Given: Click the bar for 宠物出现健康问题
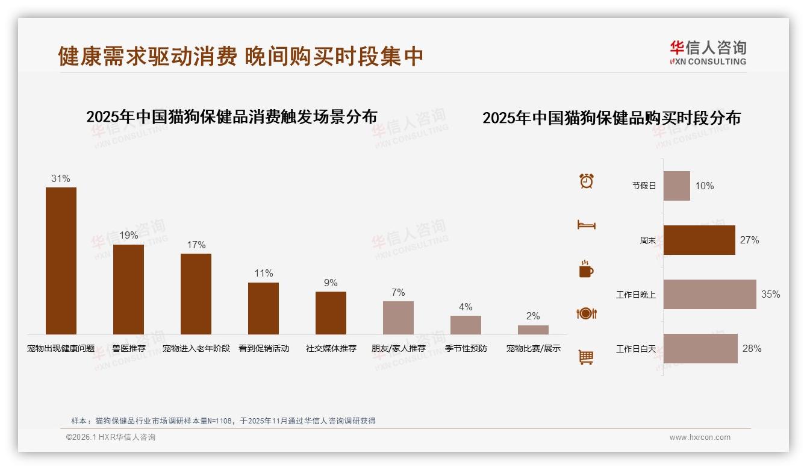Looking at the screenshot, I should point(61,261).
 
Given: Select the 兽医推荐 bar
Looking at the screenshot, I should point(128,289).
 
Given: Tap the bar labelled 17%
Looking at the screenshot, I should point(196,294).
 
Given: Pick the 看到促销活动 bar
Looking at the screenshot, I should point(263,309).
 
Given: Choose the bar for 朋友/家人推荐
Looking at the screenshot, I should point(398,318).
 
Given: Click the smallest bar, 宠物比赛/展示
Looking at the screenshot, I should point(533,330).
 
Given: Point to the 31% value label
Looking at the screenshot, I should point(61,178).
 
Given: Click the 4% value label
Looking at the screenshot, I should point(466,307).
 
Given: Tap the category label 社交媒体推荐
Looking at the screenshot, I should point(331,348).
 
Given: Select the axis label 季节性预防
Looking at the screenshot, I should point(466,348).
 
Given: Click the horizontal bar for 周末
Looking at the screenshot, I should point(699,240).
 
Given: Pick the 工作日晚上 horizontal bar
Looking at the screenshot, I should point(709,294).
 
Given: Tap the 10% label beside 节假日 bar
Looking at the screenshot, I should point(704,186).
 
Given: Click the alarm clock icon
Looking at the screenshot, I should point(587,181).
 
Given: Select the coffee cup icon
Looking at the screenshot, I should point(586,269).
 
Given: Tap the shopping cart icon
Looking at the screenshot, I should point(586,357).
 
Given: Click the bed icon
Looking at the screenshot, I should point(586,225).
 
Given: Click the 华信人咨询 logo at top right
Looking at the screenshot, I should point(708,53).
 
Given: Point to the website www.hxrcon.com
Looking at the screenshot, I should point(700,437).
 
